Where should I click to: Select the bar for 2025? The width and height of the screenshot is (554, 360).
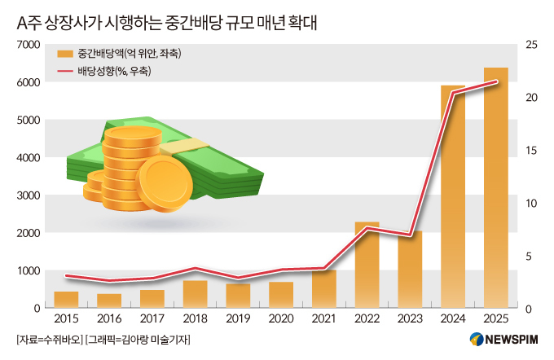496,188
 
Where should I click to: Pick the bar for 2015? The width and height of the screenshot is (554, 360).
66,299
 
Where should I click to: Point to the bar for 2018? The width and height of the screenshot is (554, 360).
195,294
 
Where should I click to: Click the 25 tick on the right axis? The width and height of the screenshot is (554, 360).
531,45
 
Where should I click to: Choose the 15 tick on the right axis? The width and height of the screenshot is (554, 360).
531,151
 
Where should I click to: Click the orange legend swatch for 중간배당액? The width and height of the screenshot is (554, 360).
65,54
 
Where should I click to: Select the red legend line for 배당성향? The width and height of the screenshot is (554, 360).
65,72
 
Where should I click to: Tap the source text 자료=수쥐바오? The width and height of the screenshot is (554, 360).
49,339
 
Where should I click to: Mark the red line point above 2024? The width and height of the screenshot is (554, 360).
453,94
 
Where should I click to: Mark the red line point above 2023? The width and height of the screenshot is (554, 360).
410,235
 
